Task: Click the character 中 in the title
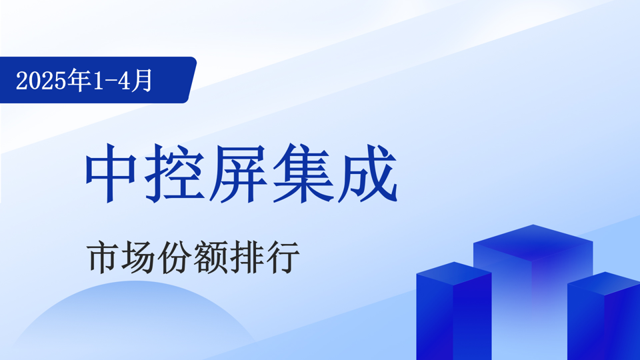tap(111, 173)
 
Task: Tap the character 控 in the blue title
tap(175, 173)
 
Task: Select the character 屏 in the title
tap(238, 173)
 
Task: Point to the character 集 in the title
tap(303, 173)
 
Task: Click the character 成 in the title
tap(367, 173)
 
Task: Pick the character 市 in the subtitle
tap(103, 257)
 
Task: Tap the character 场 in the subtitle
tap(139, 257)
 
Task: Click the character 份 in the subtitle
tap(174, 257)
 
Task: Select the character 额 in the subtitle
tap(211, 257)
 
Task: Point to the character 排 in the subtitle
tap(247, 257)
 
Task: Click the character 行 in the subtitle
tap(283, 257)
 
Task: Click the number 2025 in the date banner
tap(41, 81)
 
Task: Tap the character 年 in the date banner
tap(79, 80)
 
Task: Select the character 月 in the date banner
tap(141, 80)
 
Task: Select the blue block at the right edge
tap(604, 316)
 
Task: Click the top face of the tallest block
tap(533, 243)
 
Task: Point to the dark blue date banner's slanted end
tap(191, 80)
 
